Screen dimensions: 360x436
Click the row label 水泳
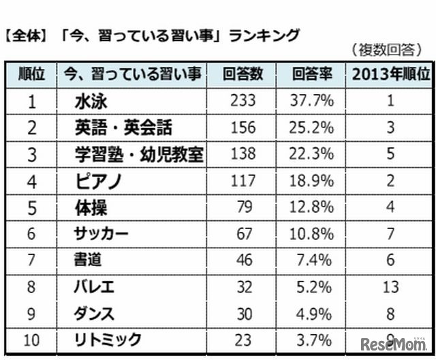[91, 102]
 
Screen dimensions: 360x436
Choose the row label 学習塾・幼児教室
[139, 154]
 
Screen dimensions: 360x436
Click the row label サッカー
[101, 234]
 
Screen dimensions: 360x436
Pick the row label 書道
[89, 260]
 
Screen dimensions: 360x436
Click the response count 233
[243, 102]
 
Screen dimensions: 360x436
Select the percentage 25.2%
[312, 127]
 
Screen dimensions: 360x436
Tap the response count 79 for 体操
[243, 207]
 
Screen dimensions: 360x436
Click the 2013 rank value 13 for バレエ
[390, 287]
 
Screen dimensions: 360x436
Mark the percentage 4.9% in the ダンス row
[312, 313]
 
